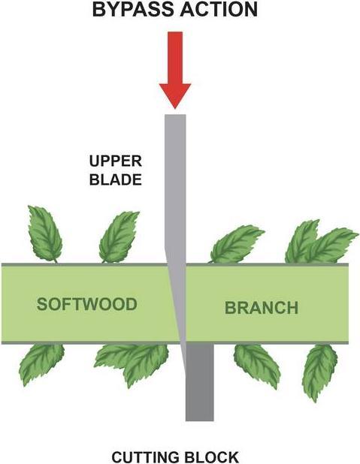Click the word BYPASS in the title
(133, 11)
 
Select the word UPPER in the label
(116, 161)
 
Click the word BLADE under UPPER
(116, 180)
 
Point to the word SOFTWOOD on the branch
(87, 304)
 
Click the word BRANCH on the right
(262, 307)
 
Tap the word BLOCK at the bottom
(213, 456)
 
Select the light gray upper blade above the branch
(174, 188)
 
